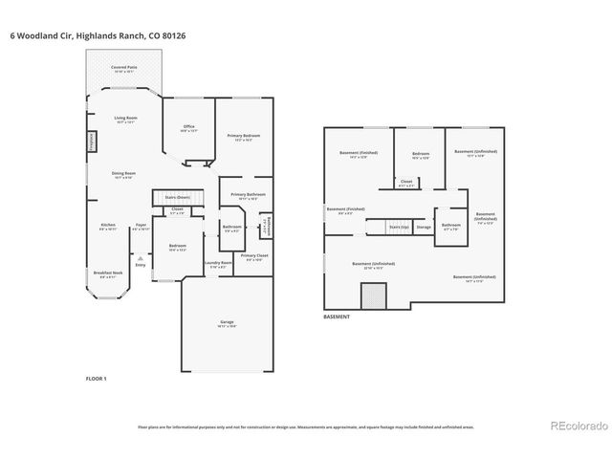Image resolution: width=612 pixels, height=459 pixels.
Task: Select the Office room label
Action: (188, 129)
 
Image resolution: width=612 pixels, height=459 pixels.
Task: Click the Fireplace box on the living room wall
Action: (92, 141)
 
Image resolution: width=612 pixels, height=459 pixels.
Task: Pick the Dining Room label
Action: (125, 175)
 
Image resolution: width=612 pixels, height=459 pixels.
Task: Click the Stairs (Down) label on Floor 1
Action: (177, 197)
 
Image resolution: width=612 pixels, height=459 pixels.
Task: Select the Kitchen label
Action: (108, 227)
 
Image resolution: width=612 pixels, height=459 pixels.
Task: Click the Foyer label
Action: (141, 227)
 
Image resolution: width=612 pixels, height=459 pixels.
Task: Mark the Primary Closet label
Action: (253, 257)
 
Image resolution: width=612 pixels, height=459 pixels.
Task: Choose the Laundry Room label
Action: (218, 265)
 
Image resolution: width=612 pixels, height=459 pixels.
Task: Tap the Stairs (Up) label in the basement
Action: (399, 228)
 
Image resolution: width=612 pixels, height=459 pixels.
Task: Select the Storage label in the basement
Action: (424, 228)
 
